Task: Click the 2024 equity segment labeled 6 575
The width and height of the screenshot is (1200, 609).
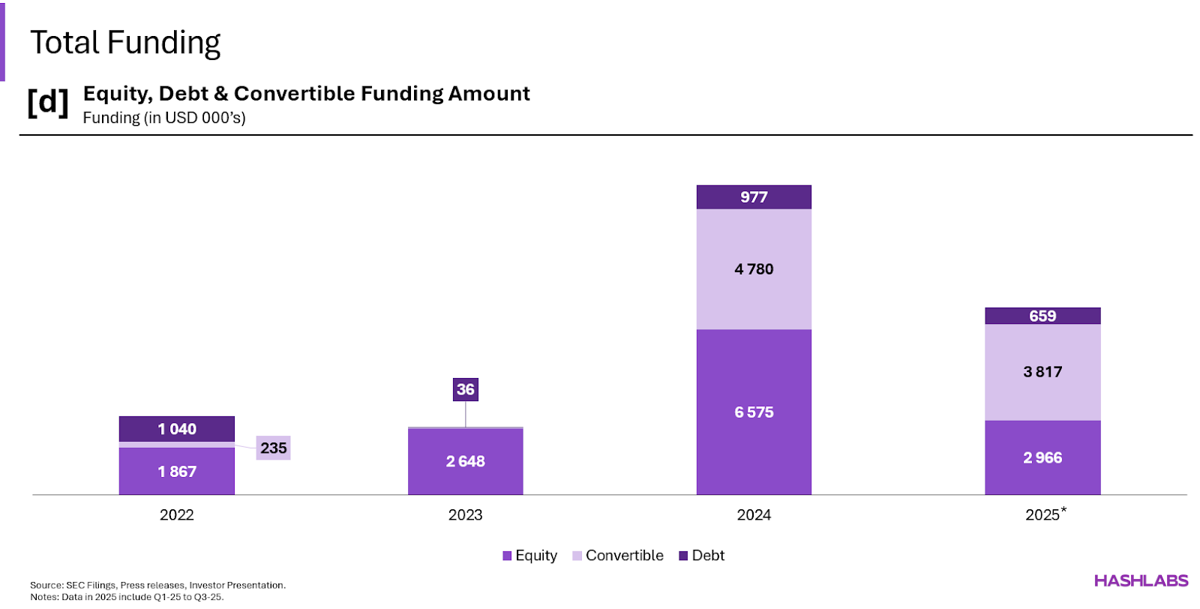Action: click(x=754, y=412)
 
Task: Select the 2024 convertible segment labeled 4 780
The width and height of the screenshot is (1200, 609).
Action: click(x=754, y=268)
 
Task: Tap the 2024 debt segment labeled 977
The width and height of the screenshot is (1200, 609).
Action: click(x=754, y=197)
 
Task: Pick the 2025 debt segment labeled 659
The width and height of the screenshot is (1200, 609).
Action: click(x=1042, y=316)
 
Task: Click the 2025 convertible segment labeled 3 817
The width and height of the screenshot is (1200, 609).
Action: click(x=1042, y=371)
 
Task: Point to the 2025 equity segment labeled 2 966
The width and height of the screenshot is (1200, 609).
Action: click(x=1042, y=457)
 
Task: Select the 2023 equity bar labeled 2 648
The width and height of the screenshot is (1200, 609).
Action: click(x=465, y=461)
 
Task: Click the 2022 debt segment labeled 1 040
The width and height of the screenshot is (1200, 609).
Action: click(x=177, y=429)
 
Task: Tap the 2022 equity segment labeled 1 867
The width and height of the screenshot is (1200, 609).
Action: click(x=177, y=472)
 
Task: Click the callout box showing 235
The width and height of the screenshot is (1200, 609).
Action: click(x=273, y=448)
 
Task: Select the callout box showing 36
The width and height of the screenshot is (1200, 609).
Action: click(x=465, y=389)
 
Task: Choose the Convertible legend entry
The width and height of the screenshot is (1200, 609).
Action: click(x=617, y=556)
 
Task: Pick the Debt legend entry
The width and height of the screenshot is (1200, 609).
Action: click(x=701, y=556)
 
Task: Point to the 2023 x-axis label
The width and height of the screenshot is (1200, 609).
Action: click(x=465, y=515)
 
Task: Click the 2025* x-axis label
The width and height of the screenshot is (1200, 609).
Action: click(x=1045, y=514)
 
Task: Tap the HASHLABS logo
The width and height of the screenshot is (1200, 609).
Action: click(x=1141, y=580)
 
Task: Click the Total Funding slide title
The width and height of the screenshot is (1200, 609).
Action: click(x=125, y=43)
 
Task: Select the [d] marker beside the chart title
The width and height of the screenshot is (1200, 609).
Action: click(x=48, y=101)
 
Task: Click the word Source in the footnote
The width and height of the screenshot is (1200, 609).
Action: click(x=46, y=585)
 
